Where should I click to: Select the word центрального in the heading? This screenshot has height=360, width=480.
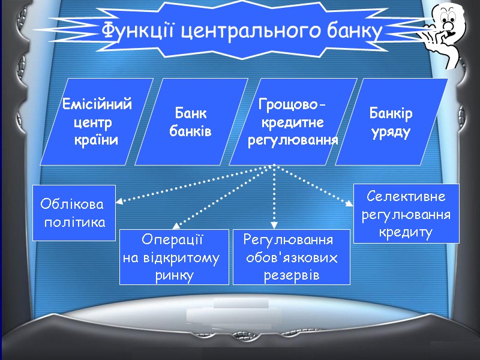(x=251, y=29)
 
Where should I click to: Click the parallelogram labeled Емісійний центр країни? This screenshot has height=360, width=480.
(x=96, y=122)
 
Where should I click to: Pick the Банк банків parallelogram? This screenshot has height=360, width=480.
(x=191, y=122)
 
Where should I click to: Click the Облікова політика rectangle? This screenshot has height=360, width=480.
(x=73, y=213)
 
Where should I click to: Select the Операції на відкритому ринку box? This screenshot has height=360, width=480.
(x=174, y=257)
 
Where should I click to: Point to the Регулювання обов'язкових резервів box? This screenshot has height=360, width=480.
(x=291, y=257)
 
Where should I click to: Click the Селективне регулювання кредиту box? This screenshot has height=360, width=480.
(x=406, y=214)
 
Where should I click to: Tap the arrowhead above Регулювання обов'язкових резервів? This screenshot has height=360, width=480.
(x=274, y=225)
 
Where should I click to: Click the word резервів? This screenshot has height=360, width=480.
(x=291, y=275)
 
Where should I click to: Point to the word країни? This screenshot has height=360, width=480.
(x=95, y=140)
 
